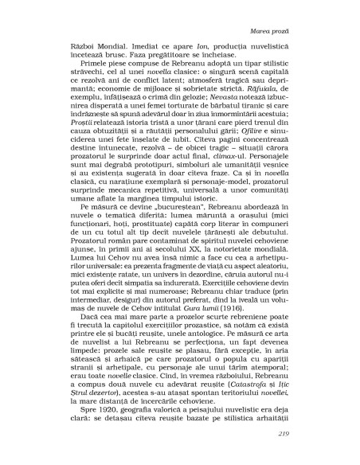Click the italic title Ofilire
point(246,162)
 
